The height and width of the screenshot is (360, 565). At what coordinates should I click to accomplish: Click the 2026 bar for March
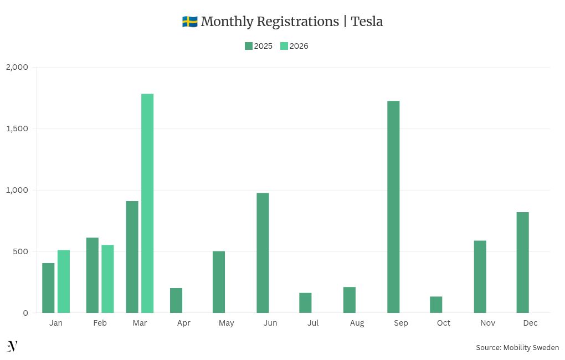[x=147, y=203]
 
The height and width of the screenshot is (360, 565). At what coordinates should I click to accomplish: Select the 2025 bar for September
[x=393, y=207]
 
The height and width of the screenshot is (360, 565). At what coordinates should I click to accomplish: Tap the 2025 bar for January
[x=48, y=288]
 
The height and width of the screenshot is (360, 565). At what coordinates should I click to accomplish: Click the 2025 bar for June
[x=263, y=253]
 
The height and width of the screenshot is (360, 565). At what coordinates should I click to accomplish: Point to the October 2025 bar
[x=436, y=305]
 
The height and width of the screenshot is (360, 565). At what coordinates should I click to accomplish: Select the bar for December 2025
[x=522, y=263]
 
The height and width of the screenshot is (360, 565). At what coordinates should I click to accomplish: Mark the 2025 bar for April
[x=176, y=300]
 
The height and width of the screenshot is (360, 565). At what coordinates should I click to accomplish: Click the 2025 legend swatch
[x=249, y=46]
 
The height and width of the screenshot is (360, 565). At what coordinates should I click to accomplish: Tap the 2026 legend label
[x=299, y=46]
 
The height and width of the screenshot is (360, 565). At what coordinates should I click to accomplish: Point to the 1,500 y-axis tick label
[x=17, y=128]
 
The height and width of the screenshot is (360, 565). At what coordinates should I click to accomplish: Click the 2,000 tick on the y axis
[x=17, y=67]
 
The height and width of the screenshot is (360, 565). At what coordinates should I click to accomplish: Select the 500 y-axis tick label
[x=21, y=251]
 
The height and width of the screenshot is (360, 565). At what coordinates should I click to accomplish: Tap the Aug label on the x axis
[x=357, y=323]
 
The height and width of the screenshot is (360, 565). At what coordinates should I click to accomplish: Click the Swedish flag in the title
[x=189, y=22]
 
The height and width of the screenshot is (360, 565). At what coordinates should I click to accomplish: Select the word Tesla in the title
[x=367, y=22]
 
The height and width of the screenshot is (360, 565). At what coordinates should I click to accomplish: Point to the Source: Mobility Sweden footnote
[x=517, y=348]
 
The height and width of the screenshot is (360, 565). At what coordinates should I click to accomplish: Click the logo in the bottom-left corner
[x=12, y=347]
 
